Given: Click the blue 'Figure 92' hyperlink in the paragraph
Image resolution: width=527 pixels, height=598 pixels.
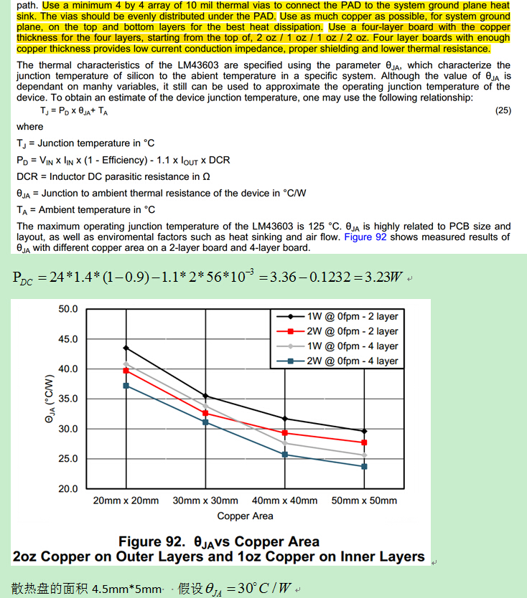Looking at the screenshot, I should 365,237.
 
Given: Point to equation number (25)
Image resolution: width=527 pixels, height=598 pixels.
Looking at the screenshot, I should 503,111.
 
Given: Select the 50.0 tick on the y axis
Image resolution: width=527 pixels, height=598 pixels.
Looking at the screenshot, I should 68,309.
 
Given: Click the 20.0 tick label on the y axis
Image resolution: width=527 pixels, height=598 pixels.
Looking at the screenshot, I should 68,489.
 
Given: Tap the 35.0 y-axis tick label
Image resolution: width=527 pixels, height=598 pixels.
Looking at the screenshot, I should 68,399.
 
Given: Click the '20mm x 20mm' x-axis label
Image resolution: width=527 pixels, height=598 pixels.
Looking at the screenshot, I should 126,500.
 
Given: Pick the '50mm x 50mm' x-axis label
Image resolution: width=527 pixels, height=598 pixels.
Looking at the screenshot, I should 364,500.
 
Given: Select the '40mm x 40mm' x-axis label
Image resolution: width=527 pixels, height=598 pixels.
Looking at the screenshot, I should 284,500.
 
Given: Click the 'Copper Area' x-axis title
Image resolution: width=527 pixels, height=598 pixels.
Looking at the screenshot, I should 245,516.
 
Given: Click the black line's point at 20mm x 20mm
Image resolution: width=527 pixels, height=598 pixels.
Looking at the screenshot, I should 126,348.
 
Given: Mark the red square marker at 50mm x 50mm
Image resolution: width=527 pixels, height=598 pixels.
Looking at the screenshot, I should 364,442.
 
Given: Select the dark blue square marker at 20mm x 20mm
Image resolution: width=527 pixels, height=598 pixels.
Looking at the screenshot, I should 126,386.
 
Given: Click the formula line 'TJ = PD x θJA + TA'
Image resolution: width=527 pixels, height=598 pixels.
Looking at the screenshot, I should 74,112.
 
